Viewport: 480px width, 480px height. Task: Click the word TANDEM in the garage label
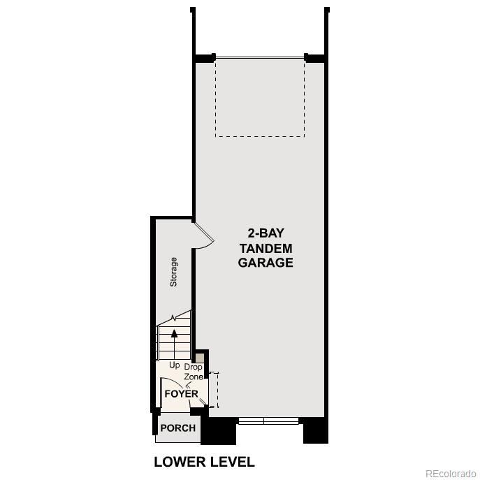pyautogui.click(x=266, y=248)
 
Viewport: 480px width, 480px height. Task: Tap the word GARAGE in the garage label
pyautogui.click(x=266, y=263)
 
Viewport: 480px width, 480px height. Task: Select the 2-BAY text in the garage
pyautogui.click(x=266, y=233)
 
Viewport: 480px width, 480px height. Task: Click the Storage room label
pyautogui.click(x=173, y=272)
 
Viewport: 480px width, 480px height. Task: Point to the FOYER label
pyautogui.click(x=181, y=393)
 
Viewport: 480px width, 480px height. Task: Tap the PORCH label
pyautogui.click(x=177, y=428)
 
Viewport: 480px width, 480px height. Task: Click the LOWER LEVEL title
pyautogui.click(x=204, y=462)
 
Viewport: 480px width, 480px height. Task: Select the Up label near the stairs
pyautogui.click(x=175, y=365)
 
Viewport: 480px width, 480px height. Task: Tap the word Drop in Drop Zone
pyautogui.click(x=193, y=367)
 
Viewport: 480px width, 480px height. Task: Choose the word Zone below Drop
pyautogui.click(x=193, y=377)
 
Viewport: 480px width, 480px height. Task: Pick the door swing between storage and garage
pyautogui.click(x=203, y=236)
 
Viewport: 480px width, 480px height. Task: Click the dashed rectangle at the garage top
pyautogui.click(x=259, y=97)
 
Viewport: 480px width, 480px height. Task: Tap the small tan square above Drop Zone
pyautogui.click(x=200, y=358)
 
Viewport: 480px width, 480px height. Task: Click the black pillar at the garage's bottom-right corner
pyautogui.click(x=315, y=430)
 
